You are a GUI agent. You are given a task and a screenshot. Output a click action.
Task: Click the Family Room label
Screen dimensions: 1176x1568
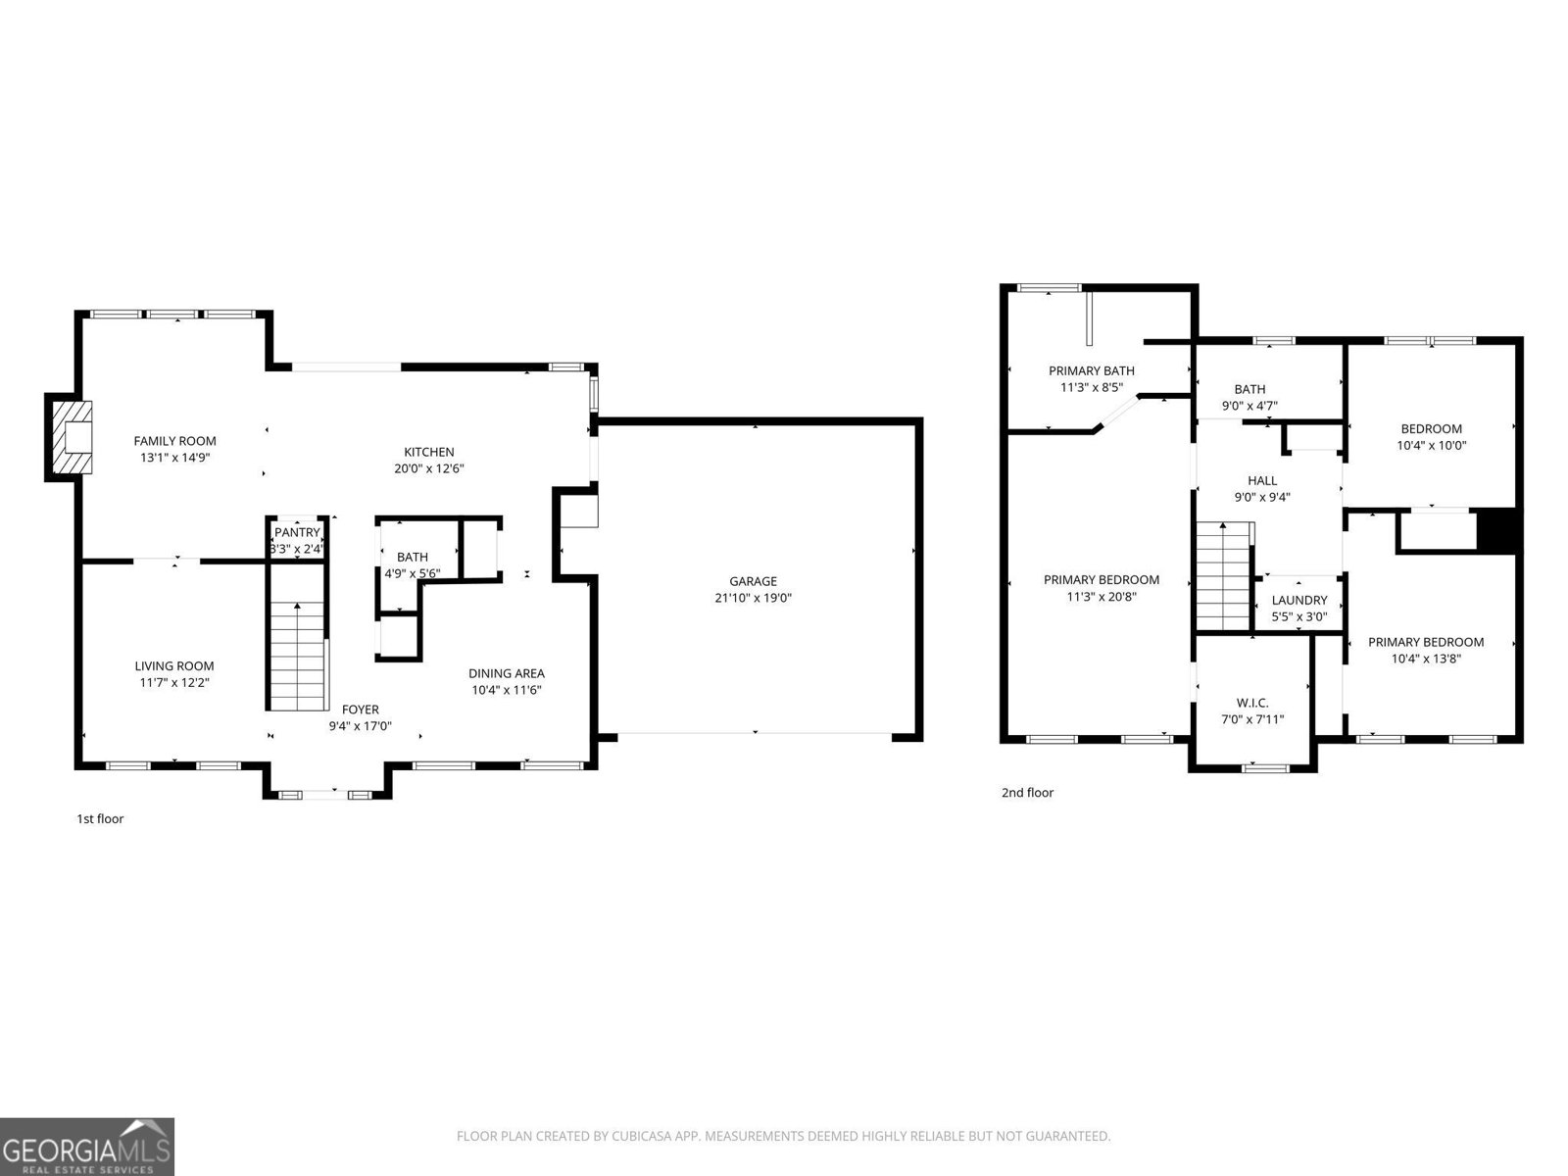[x=174, y=441]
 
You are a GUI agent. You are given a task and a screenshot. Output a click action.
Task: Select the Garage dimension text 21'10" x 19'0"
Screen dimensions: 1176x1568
[x=753, y=597]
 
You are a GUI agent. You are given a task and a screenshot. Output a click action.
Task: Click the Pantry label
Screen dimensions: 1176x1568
[x=297, y=532]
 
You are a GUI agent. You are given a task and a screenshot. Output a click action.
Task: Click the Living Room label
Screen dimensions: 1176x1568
[x=174, y=665]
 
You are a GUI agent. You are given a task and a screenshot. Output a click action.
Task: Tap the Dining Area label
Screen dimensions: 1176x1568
[x=506, y=673]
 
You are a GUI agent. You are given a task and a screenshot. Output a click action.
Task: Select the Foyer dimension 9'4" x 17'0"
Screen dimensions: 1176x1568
[x=360, y=726]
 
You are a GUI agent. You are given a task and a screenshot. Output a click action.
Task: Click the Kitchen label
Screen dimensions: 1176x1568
[x=429, y=452]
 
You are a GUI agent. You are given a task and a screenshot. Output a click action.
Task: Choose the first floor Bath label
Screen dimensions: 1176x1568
[x=413, y=557]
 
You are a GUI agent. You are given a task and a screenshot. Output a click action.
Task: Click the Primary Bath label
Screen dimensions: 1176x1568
[x=1091, y=370]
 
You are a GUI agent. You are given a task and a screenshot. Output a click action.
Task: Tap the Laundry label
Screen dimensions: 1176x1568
[x=1298, y=600]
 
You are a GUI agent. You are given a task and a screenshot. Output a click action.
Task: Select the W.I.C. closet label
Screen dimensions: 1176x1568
[x=1252, y=703]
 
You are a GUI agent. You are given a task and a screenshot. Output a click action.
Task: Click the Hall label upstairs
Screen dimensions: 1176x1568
[x=1262, y=480]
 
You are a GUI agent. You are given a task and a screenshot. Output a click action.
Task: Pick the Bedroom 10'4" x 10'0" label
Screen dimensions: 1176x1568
[x=1431, y=428]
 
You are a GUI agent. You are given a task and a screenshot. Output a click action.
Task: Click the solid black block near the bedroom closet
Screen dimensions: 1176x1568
[x=1497, y=530]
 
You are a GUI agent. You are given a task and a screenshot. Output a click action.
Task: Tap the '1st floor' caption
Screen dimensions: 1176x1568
[x=100, y=818]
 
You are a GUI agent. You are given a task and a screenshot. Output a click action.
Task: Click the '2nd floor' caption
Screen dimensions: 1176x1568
[x=1027, y=792]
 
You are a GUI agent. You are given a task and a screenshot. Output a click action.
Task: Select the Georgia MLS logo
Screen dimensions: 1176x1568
[x=86, y=1146]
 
